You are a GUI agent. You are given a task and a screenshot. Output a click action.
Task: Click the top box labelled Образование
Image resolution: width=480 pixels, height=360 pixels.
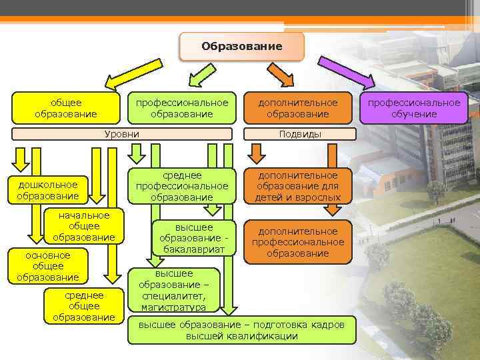tap(241, 47)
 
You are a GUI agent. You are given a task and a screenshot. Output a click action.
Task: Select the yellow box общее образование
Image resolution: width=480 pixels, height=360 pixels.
tap(65, 108)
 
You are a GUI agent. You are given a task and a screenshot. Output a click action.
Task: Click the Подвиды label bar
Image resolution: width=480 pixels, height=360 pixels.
tap(300, 134)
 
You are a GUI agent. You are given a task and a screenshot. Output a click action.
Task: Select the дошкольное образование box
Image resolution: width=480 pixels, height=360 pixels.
tap(47, 189)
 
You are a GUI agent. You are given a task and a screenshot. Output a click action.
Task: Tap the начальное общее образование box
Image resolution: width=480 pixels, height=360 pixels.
tap(83, 226)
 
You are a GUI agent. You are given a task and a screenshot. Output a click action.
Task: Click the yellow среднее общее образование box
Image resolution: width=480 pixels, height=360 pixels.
tap(83, 306)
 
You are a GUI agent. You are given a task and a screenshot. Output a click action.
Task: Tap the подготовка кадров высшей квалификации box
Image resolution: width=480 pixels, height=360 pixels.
tap(241, 330)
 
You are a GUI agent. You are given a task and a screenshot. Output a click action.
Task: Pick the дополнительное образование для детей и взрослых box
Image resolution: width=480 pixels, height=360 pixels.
tap(298, 186)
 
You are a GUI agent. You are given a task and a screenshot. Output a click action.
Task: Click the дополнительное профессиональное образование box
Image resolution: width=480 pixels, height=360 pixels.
tap(298, 242)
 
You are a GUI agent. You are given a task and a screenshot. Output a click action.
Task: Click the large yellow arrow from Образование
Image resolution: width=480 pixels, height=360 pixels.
tap(134, 74)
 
